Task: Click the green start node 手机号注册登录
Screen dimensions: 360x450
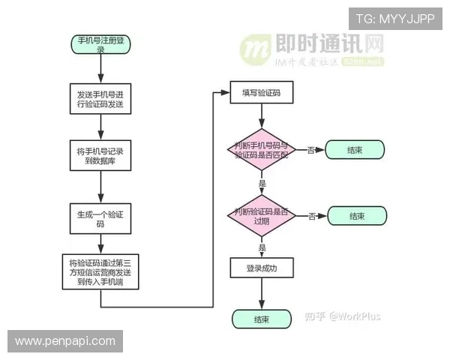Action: click(x=100, y=43)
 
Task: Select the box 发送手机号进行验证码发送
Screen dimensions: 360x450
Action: click(x=100, y=100)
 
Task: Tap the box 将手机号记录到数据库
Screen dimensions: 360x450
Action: click(x=100, y=156)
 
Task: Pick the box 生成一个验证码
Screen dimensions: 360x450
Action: click(x=100, y=218)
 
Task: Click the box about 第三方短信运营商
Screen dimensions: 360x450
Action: click(x=100, y=272)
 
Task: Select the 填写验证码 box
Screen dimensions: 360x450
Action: click(x=262, y=93)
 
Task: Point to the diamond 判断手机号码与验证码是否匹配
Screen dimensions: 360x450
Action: click(x=262, y=150)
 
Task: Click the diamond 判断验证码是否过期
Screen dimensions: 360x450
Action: click(x=262, y=215)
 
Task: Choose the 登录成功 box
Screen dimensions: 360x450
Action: click(x=262, y=268)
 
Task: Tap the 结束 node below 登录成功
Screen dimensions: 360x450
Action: click(x=262, y=319)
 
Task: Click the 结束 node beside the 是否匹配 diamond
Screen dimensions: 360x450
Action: click(x=355, y=150)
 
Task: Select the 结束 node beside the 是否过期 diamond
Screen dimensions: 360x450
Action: click(x=357, y=216)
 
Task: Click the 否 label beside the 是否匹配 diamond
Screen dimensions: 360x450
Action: click(x=310, y=150)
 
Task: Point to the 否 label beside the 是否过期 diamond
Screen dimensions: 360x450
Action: click(x=311, y=216)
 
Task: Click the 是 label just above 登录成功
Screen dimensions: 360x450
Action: click(x=262, y=247)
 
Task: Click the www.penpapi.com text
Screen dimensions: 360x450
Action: click(x=65, y=341)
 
